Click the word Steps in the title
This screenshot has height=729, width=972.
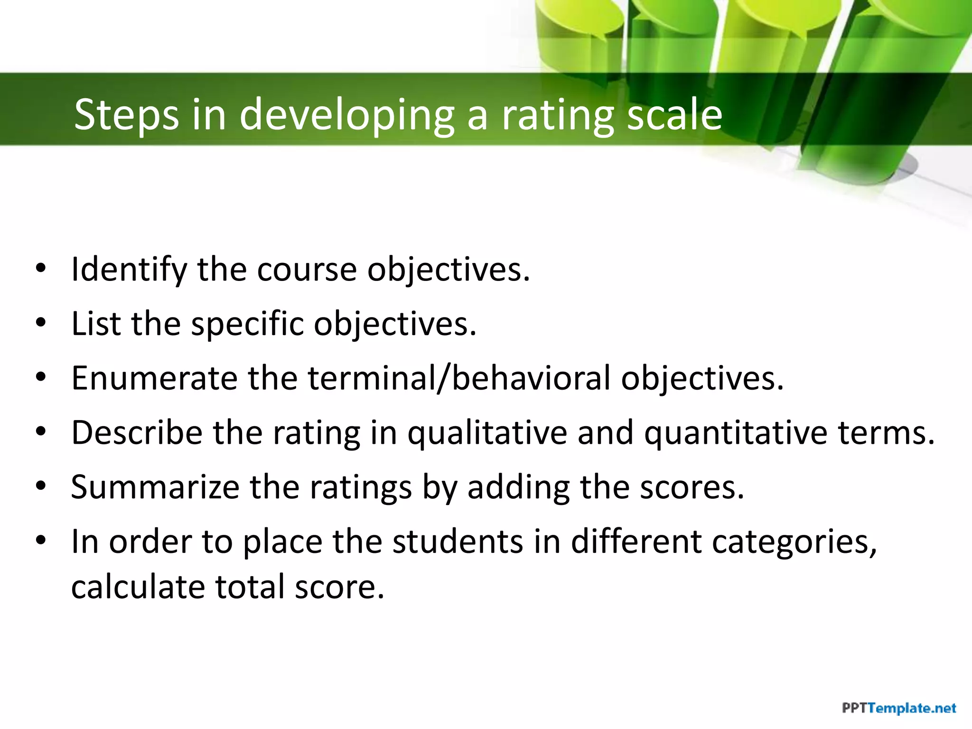[x=127, y=114]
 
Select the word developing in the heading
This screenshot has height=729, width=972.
[x=347, y=114]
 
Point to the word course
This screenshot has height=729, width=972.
[x=307, y=270]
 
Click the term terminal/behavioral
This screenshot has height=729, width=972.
[x=459, y=378]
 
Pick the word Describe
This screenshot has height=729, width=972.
[x=137, y=433]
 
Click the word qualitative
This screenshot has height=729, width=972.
[x=487, y=433]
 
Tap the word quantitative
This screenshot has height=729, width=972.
[x=735, y=433]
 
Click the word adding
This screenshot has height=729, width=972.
[x=518, y=487]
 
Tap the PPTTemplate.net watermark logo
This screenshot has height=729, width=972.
[x=899, y=709]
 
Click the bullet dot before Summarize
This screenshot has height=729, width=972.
[x=41, y=486]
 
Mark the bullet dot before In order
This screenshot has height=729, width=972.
[x=41, y=540]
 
